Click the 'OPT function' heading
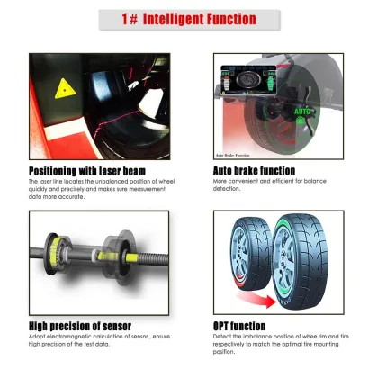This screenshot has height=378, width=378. pos(238,325)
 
